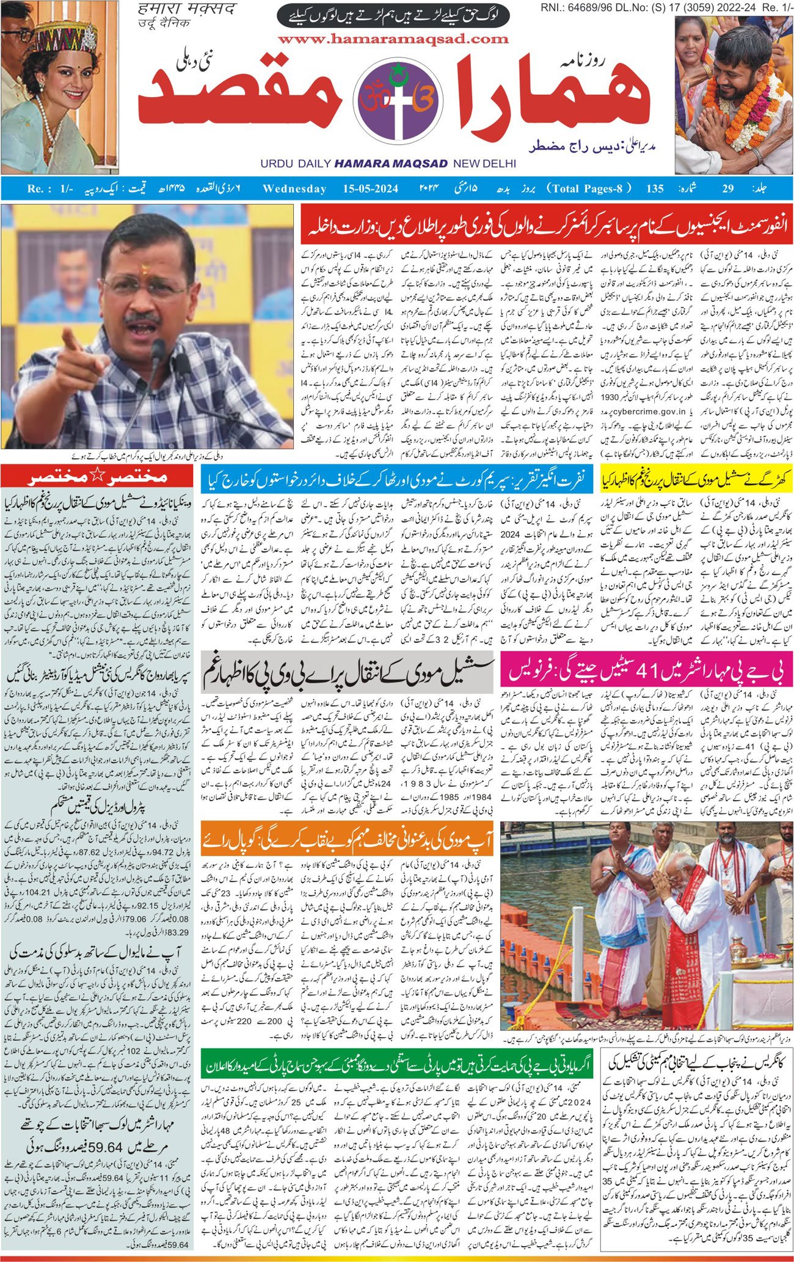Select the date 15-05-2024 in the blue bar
[367, 188]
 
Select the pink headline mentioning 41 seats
[647, 671]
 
